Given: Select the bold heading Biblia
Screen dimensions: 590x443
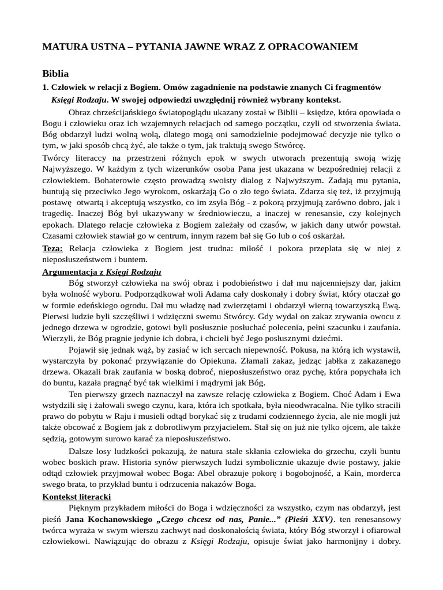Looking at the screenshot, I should pyautogui.click(x=55, y=74).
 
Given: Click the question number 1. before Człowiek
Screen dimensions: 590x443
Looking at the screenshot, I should pyautogui.click(x=46, y=87).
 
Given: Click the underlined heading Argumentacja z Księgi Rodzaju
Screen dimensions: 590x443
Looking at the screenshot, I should pyautogui.click(x=102, y=271).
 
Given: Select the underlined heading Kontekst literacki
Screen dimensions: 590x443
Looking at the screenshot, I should pyautogui.click(x=77, y=497).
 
